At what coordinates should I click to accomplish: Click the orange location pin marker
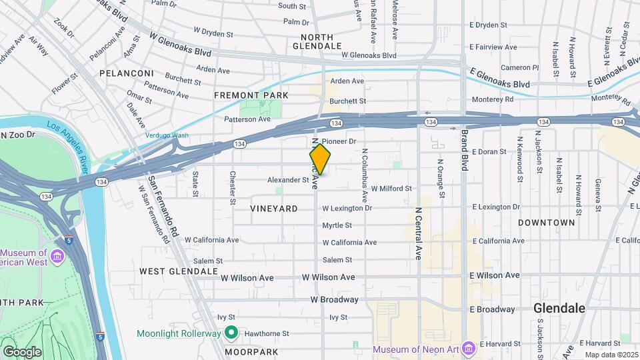click(x=320, y=160)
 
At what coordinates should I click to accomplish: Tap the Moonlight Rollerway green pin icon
click(x=231, y=332)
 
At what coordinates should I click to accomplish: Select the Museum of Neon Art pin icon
click(x=469, y=348)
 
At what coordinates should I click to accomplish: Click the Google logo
click(x=22, y=352)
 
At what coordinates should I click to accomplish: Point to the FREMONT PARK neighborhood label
click(x=251, y=95)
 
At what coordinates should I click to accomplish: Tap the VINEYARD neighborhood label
click(x=273, y=209)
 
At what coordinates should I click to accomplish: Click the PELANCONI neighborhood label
click(x=127, y=73)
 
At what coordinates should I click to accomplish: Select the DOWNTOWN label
click(x=546, y=222)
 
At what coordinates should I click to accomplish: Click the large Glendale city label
click(x=559, y=309)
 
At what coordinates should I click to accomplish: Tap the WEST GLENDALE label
click(x=178, y=271)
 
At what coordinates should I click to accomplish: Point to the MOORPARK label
click(x=251, y=351)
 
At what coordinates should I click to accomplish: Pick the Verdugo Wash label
click(x=167, y=135)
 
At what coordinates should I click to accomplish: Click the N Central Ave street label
click(x=417, y=232)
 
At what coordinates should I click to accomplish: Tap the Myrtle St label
click(x=337, y=225)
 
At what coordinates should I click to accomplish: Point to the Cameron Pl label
click(x=519, y=67)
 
